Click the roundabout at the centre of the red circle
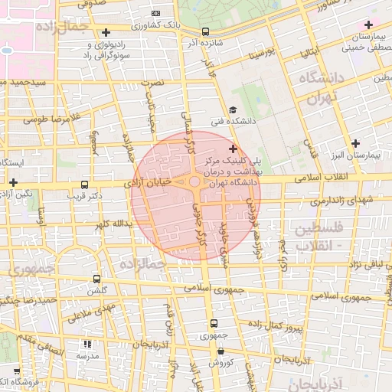click(194, 181)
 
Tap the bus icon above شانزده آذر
click(205, 31)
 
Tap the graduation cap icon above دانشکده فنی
click(233, 109)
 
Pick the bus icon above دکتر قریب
click(83, 185)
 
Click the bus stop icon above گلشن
click(96, 279)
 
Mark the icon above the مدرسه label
click(87, 345)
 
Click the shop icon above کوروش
click(220, 350)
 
